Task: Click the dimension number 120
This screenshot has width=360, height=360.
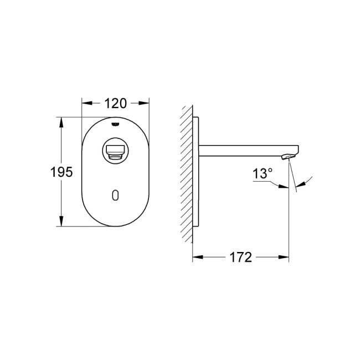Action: pyautogui.click(x=116, y=102)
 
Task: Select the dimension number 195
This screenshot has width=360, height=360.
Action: pyautogui.click(x=61, y=172)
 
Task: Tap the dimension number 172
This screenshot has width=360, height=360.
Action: pyautogui.click(x=241, y=258)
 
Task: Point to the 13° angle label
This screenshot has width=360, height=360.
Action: pyautogui.click(x=263, y=173)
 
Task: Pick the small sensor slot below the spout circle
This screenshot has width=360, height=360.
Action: pyautogui.click(x=115, y=194)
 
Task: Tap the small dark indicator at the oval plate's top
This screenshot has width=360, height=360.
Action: pyautogui.click(x=116, y=124)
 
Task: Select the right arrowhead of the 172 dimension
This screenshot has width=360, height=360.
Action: pyautogui.click(x=285, y=258)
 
